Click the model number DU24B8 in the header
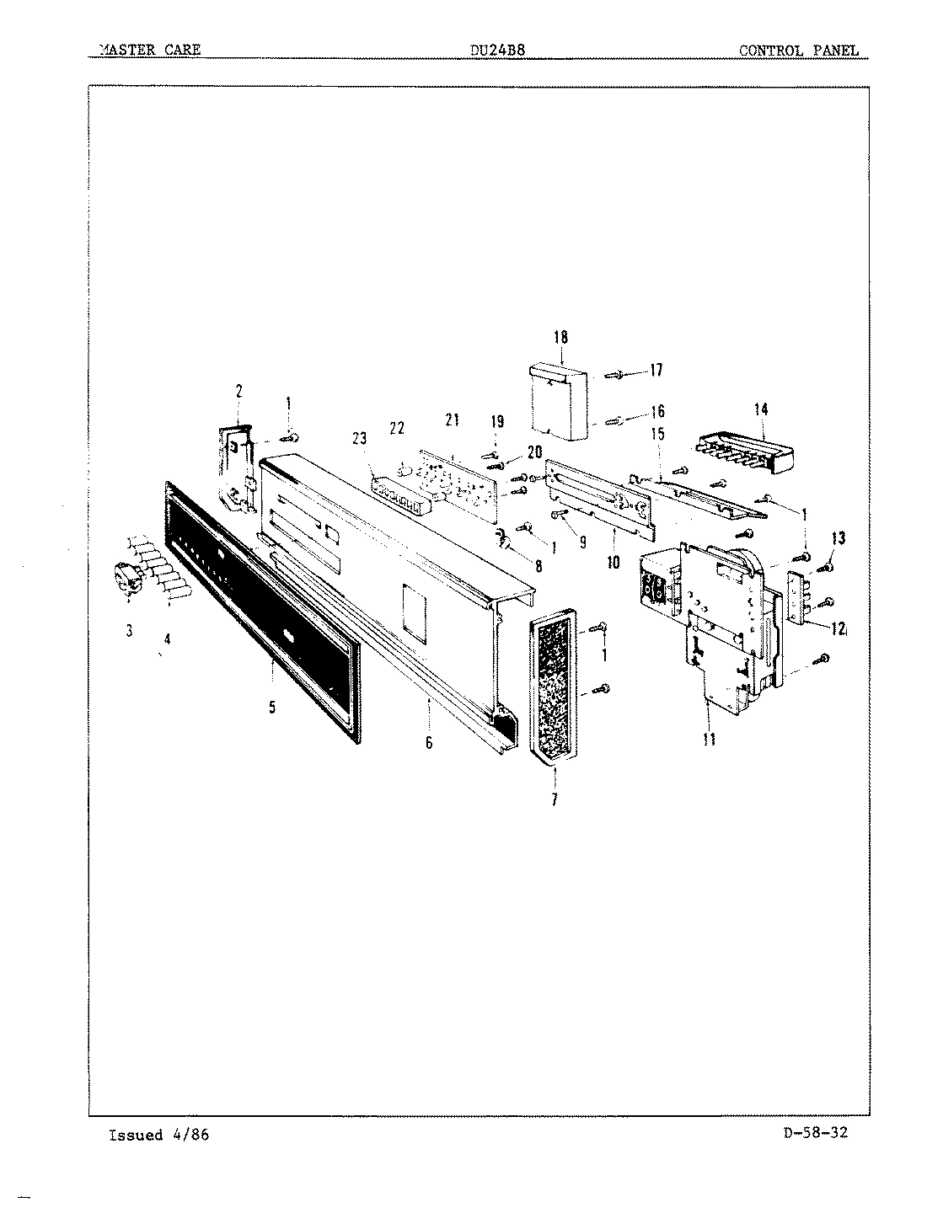coord(497,50)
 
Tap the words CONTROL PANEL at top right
coord(798,50)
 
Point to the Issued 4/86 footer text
coord(158,1135)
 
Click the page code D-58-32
coord(808,1132)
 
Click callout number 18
coord(560,338)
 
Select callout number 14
coord(761,410)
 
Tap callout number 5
coord(272,707)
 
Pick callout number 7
coord(554,800)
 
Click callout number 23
coord(360,438)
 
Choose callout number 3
coord(129,632)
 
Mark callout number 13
coord(838,538)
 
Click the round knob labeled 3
coord(126,579)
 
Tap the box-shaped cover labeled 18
coord(559,400)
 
